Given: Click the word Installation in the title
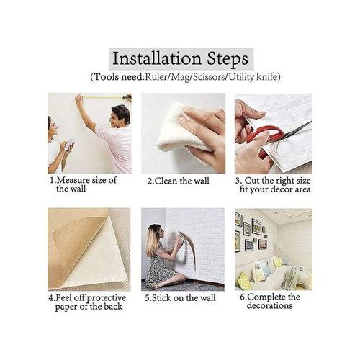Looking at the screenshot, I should coord(157,57).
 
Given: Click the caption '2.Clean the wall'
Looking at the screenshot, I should coord(179,181).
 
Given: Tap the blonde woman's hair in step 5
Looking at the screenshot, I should coord(154,241).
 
